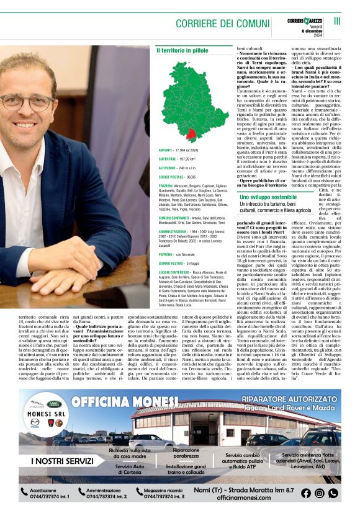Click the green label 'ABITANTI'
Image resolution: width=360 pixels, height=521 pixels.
pyautogui.click(x=166, y=150)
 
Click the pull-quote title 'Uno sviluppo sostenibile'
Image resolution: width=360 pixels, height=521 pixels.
pyautogui.click(x=268, y=197)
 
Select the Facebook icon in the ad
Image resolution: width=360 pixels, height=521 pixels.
pyautogui.click(x=306, y=493)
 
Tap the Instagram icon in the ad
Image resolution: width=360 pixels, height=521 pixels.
pyautogui.click(x=320, y=493)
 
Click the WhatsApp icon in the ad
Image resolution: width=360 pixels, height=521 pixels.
pyautogui.click(x=333, y=493)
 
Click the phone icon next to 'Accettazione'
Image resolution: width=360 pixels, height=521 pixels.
pyautogui.click(x=24, y=493)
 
